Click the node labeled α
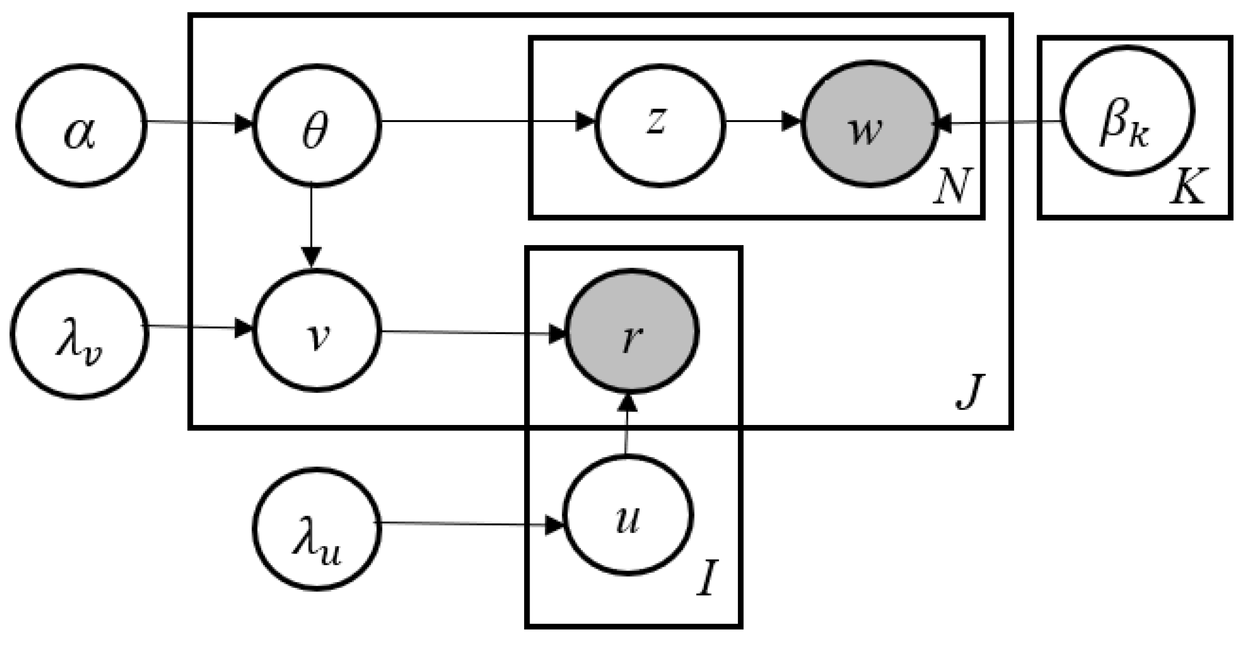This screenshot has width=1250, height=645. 81,126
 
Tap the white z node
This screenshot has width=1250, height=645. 660,126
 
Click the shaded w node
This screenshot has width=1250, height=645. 869,124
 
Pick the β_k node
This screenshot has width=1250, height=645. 1127,111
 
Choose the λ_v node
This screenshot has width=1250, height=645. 79,334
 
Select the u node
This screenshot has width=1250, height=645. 628,515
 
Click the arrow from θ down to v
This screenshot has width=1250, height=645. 312,226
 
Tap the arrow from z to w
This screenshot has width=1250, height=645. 763,122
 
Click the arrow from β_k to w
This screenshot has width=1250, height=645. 999,122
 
